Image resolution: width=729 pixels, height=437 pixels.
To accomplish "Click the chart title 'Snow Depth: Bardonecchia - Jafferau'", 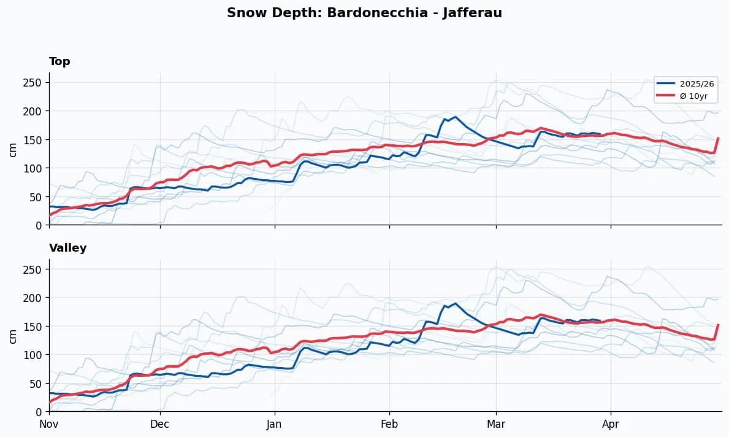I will coord(364,13).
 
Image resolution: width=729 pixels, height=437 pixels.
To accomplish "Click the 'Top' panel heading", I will coord(59,61).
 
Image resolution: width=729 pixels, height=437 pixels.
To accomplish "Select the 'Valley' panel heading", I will coord(67,248).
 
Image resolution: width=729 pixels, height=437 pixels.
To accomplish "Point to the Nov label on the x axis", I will coord(49,423).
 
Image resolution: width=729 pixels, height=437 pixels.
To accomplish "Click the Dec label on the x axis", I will coord(160,423).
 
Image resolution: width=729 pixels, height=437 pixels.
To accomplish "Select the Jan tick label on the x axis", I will coord(274,423).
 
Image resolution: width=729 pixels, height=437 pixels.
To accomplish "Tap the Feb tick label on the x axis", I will coord(389,423).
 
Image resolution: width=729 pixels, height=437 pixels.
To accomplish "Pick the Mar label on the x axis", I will coord(496,423).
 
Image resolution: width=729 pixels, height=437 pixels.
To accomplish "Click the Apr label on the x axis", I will coord(610,423).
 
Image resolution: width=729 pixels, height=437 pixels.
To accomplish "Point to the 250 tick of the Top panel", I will coord(37,83).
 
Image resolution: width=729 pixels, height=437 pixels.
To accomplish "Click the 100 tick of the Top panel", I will coord(37,168).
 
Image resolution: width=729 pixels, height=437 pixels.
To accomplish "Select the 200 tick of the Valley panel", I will coord(37,298).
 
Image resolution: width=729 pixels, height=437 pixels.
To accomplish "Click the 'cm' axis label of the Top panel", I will coord(13,149).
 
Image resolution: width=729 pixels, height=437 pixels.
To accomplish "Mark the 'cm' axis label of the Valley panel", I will coord(13,336).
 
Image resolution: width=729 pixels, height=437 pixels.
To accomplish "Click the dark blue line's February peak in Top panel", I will coord(455,117).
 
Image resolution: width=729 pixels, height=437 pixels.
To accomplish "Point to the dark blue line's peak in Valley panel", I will coord(455,303).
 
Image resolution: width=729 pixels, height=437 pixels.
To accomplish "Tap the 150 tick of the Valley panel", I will coord(37,327).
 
